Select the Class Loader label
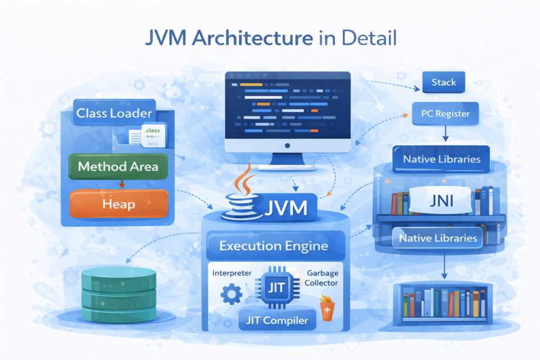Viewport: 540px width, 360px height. [x=114, y=113]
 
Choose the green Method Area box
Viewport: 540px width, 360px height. [x=118, y=167]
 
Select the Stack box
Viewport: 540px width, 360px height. [x=443, y=83]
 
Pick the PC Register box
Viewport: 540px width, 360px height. [x=446, y=113]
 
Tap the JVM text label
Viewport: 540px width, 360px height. [x=285, y=207]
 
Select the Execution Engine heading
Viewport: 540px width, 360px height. [x=273, y=246]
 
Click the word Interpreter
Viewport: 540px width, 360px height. [x=232, y=273]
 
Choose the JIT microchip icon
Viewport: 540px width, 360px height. [x=276, y=288]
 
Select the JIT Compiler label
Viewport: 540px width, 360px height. [x=276, y=319]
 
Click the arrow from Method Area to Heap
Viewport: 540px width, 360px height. [x=122, y=184]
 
